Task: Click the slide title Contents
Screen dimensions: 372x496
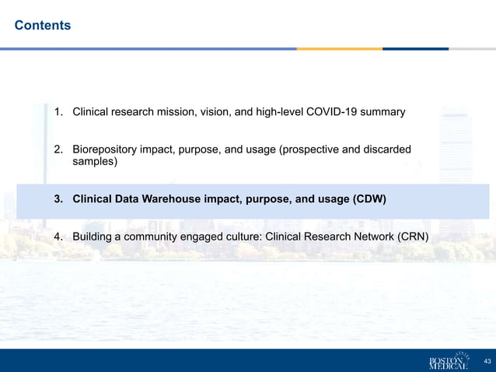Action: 43,26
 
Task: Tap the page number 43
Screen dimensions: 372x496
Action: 487,361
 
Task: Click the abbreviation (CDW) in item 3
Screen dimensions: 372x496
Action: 369,199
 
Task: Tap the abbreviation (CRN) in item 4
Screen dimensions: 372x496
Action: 411,237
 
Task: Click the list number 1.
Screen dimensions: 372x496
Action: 58,112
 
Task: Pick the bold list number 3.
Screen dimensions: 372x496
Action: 58,199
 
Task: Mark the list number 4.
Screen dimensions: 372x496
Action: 58,237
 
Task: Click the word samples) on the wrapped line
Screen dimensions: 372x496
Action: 96,162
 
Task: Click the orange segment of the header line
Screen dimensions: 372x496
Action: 339,48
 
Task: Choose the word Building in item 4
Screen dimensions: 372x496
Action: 94,237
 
